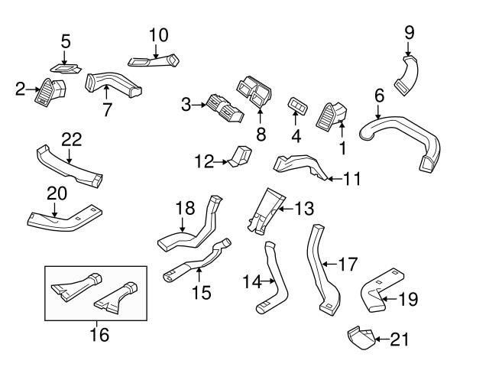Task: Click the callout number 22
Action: tap(71, 139)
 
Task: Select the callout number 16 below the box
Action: tap(99, 334)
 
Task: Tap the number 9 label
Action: tap(409, 32)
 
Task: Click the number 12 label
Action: tap(203, 161)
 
